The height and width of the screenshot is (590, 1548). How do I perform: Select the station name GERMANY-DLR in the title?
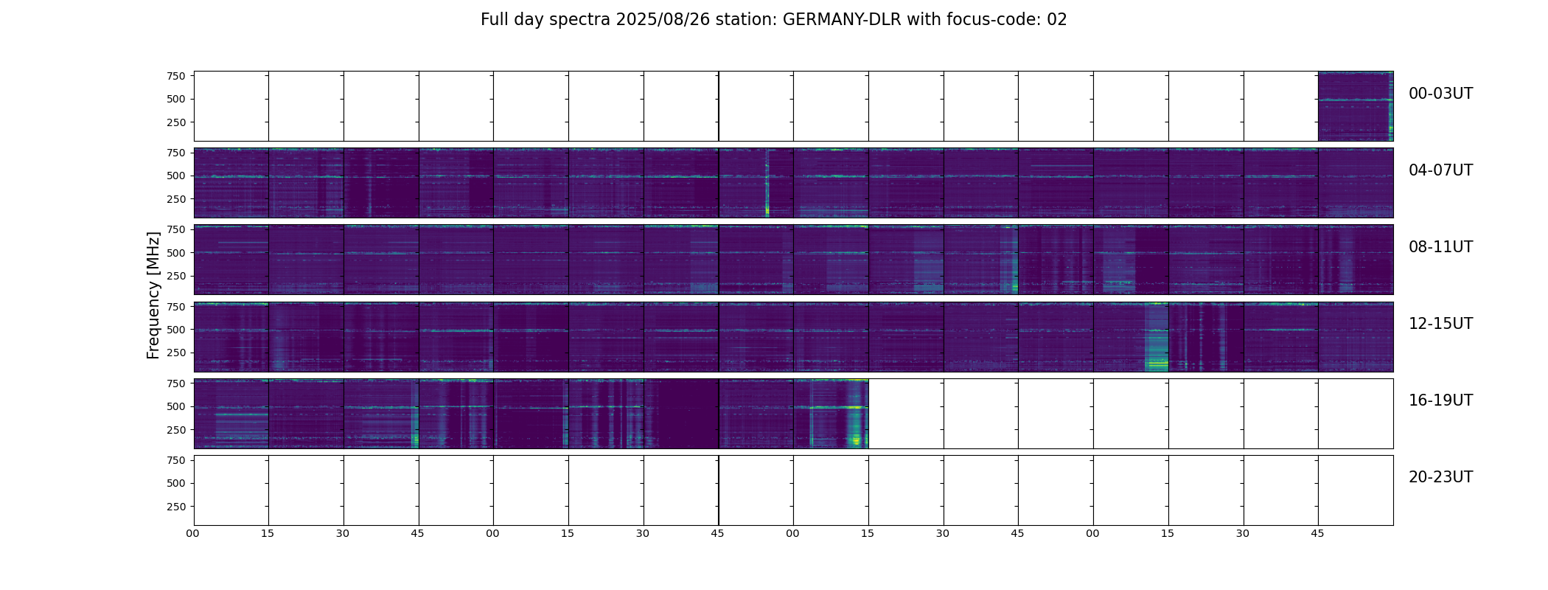point(841,20)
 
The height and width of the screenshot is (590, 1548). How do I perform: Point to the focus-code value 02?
point(1056,20)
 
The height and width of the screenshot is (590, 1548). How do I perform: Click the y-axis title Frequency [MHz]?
point(153,295)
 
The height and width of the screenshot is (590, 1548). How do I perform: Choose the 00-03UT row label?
point(1440,94)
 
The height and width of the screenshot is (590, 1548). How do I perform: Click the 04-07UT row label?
point(1440,170)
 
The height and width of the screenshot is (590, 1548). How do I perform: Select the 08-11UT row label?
point(1440,247)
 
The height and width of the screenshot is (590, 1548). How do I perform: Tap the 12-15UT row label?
point(1440,324)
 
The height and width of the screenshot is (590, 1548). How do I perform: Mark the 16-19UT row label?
point(1440,400)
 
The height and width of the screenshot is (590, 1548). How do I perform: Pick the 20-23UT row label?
point(1440,477)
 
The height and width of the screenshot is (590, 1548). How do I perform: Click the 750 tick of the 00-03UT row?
point(176,76)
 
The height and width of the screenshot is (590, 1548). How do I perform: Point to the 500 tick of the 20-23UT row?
point(176,483)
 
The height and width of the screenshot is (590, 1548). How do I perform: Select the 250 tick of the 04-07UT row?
point(176,199)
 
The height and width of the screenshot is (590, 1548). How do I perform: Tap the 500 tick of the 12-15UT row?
point(176,330)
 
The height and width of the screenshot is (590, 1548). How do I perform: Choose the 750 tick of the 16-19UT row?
point(176,383)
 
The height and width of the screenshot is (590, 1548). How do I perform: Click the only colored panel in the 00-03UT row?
point(1355,106)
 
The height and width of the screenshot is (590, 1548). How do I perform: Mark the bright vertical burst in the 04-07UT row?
point(767,184)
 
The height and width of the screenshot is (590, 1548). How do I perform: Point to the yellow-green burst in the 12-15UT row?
point(1156,354)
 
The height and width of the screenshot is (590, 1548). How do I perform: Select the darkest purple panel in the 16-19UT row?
point(681,414)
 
